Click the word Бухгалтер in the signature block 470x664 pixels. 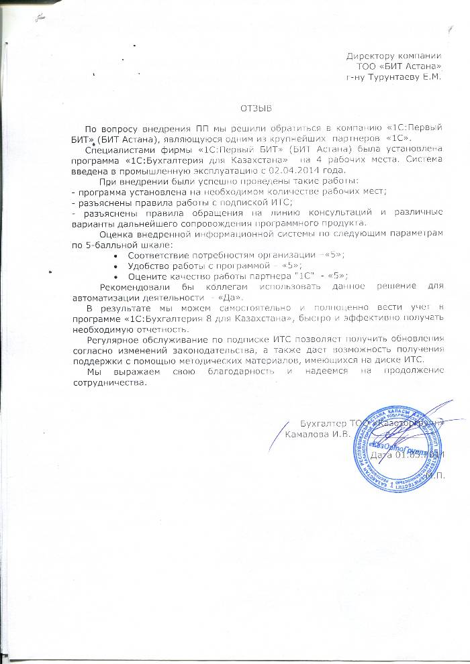(320, 423)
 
